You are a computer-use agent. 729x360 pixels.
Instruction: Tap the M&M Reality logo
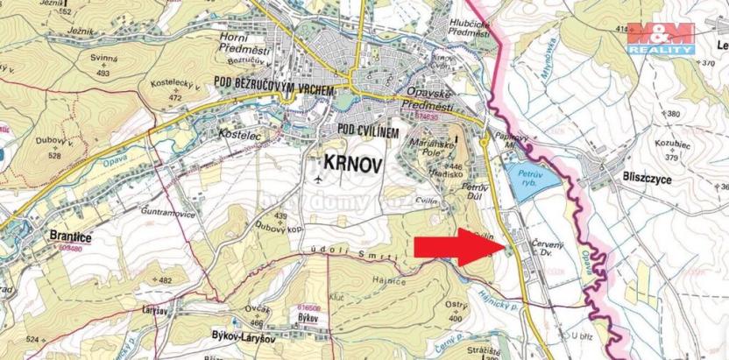[662, 39]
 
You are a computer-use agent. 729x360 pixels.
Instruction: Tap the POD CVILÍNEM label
[368, 130]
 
